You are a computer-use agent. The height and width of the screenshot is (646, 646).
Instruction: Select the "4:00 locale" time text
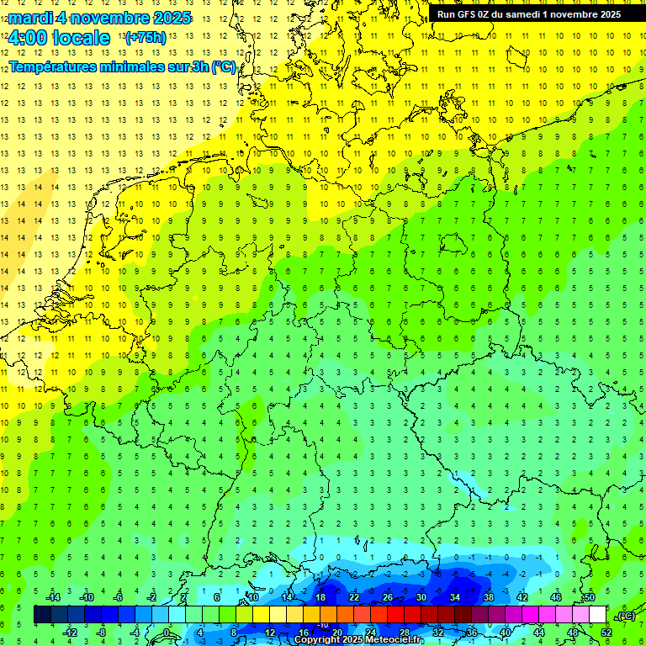59,38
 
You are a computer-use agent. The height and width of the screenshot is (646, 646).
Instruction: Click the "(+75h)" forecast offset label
145,38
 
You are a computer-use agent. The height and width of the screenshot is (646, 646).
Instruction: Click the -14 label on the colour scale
52,597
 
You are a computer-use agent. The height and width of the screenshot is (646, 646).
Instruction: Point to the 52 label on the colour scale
606,633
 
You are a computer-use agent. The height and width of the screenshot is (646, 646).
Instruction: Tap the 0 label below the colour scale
167,633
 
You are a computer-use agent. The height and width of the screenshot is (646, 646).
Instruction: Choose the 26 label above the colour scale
388,597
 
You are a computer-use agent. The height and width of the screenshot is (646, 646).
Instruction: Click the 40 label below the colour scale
505,633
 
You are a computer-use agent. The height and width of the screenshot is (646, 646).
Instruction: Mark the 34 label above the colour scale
455,597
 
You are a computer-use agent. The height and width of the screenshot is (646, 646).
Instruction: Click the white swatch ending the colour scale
598,615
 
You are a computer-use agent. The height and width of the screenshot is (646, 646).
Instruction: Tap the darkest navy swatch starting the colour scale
42,615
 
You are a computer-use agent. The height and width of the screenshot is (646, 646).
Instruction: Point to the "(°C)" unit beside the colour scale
626,616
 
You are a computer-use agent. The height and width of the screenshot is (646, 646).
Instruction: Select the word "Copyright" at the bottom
316,640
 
